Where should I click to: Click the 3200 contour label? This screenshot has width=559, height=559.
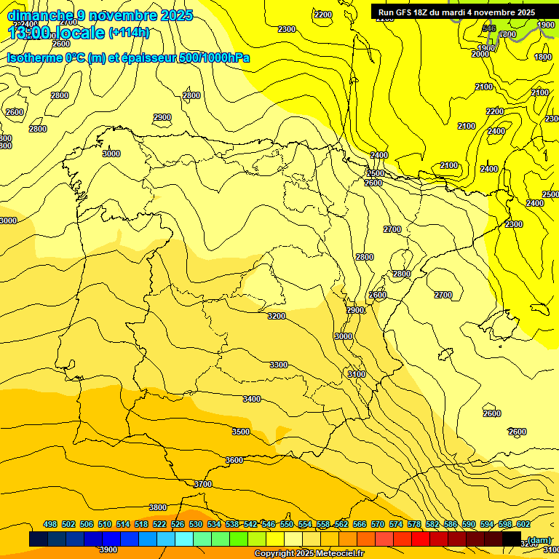pos(277,316)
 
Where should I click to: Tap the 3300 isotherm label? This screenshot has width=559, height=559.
pos(278,365)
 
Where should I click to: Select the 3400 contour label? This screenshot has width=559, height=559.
pos(252,399)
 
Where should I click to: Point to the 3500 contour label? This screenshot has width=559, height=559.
pos(241,432)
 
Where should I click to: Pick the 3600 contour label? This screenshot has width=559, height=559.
pos(234,460)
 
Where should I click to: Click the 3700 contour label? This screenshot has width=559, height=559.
pos(203,484)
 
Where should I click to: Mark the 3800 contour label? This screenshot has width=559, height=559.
pos(158,507)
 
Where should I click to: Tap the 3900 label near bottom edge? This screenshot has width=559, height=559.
pos(108,550)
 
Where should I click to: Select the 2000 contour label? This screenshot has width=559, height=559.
pos(480,54)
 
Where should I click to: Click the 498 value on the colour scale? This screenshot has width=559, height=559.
pos(50,524)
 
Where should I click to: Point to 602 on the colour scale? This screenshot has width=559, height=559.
pos(523,524)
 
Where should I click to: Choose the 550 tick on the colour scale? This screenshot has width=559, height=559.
pos(287,524)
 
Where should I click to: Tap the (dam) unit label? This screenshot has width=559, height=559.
pos(539,539)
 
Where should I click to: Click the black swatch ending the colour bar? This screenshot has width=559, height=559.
pos(512,539)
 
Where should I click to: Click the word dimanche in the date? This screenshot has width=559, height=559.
pos(40,15)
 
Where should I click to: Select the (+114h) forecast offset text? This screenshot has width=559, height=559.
pos(129,33)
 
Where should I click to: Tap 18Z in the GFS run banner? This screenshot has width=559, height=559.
pos(430,12)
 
